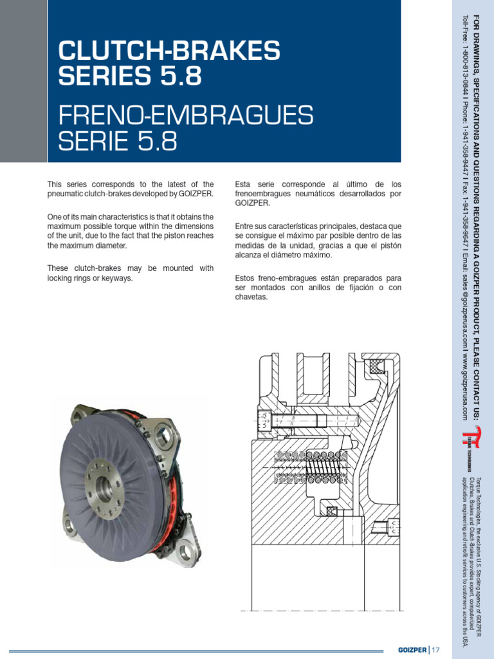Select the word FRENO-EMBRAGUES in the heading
point(186,116)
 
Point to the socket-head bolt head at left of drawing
point(264,423)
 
